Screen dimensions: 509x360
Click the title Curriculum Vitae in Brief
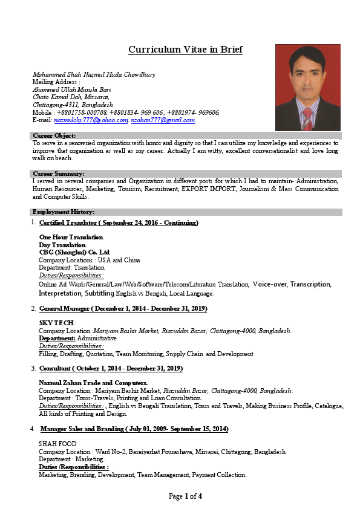pos(185,50)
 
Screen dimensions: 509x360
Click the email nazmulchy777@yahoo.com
pos(91,120)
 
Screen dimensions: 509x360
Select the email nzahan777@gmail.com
pos(163,120)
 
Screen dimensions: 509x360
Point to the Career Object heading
pos(54,135)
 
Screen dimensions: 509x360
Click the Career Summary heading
pos(57,173)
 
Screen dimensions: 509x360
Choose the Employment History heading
pos(63,212)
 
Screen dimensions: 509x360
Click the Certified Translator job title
pos(119,223)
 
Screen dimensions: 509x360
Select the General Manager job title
pos(123,308)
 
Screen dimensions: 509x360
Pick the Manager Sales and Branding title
pos(134,429)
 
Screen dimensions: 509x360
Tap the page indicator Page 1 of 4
pos(185,497)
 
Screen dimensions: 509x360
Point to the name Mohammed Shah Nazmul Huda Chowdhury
pos(94,74)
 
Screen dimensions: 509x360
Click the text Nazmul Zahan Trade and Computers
pos(93,383)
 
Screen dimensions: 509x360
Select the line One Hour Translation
pos(71,238)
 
